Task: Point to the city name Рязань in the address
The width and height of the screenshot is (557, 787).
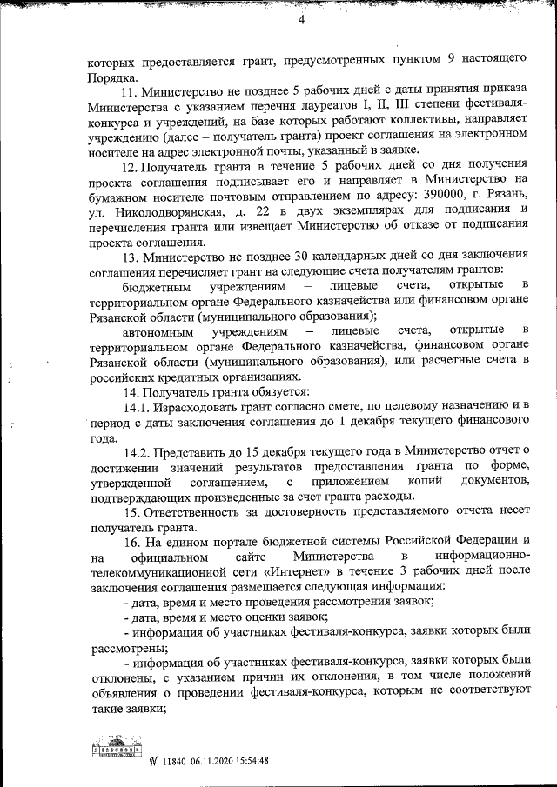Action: click(504, 200)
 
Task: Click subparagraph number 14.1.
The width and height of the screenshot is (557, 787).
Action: click(137, 406)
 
